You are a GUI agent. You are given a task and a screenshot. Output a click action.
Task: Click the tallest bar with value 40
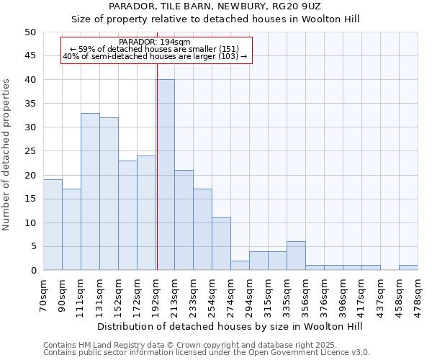(x=165, y=175)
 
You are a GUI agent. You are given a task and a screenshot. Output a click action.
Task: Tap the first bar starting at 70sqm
(x=53, y=225)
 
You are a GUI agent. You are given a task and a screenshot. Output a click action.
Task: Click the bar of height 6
(x=296, y=256)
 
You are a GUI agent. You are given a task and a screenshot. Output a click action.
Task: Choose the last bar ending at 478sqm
(x=408, y=268)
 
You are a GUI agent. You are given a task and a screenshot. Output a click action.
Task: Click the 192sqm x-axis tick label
(x=156, y=294)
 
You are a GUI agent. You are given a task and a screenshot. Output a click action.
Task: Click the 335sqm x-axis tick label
(x=287, y=294)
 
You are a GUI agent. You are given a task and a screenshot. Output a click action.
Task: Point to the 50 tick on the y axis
(x=30, y=32)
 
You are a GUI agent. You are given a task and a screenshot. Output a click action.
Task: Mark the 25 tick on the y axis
(x=30, y=151)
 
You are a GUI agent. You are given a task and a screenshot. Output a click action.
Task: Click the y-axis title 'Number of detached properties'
(x=7, y=155)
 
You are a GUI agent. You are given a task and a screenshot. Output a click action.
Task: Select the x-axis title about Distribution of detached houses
(x=230, y=327)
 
